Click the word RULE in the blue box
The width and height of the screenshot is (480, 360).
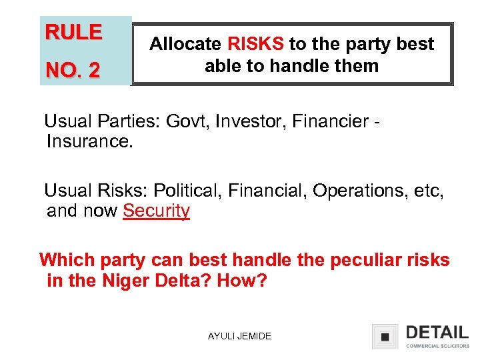click(73, 33)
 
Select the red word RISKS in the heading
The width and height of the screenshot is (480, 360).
click(255, 44)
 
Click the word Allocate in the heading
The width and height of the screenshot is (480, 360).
click(185, 44)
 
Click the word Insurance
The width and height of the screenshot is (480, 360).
click(90, 141)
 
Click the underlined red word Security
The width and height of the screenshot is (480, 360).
click(156, 211)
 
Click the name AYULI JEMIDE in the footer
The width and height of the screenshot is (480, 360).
click(239, 336)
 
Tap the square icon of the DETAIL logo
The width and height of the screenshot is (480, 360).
click(385, 337)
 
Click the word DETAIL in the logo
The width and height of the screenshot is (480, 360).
click(436, 332)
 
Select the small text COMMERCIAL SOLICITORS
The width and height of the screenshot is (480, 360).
click(437, 346)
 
